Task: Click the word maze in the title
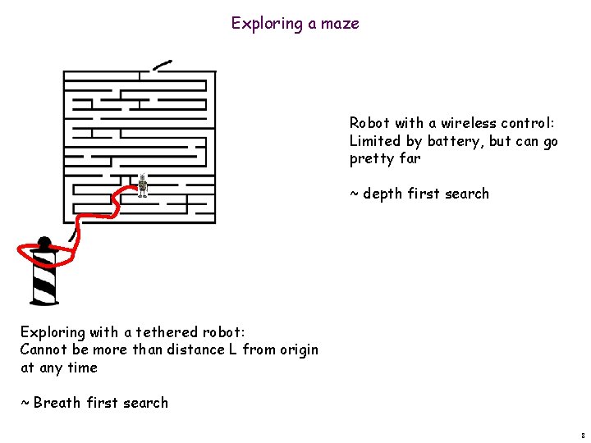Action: pyautogui.click(x=340, y=24)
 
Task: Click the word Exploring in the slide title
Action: pyautogui.click(x=267, y=24)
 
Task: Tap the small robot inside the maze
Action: pyautogui.click(x=143, y=185)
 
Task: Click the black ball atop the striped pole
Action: pyautogui.click(x=44, y=243)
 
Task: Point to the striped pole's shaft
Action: pyautogui.click(x=44, y=279)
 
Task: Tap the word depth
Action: pyautogui.click(x=382, y=194)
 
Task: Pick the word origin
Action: pyautogui.click(x=297, y=350)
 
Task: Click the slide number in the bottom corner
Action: pyautogui.click(x=582, y=436)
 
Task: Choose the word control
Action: pyautogui.click(x=529, y=123)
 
